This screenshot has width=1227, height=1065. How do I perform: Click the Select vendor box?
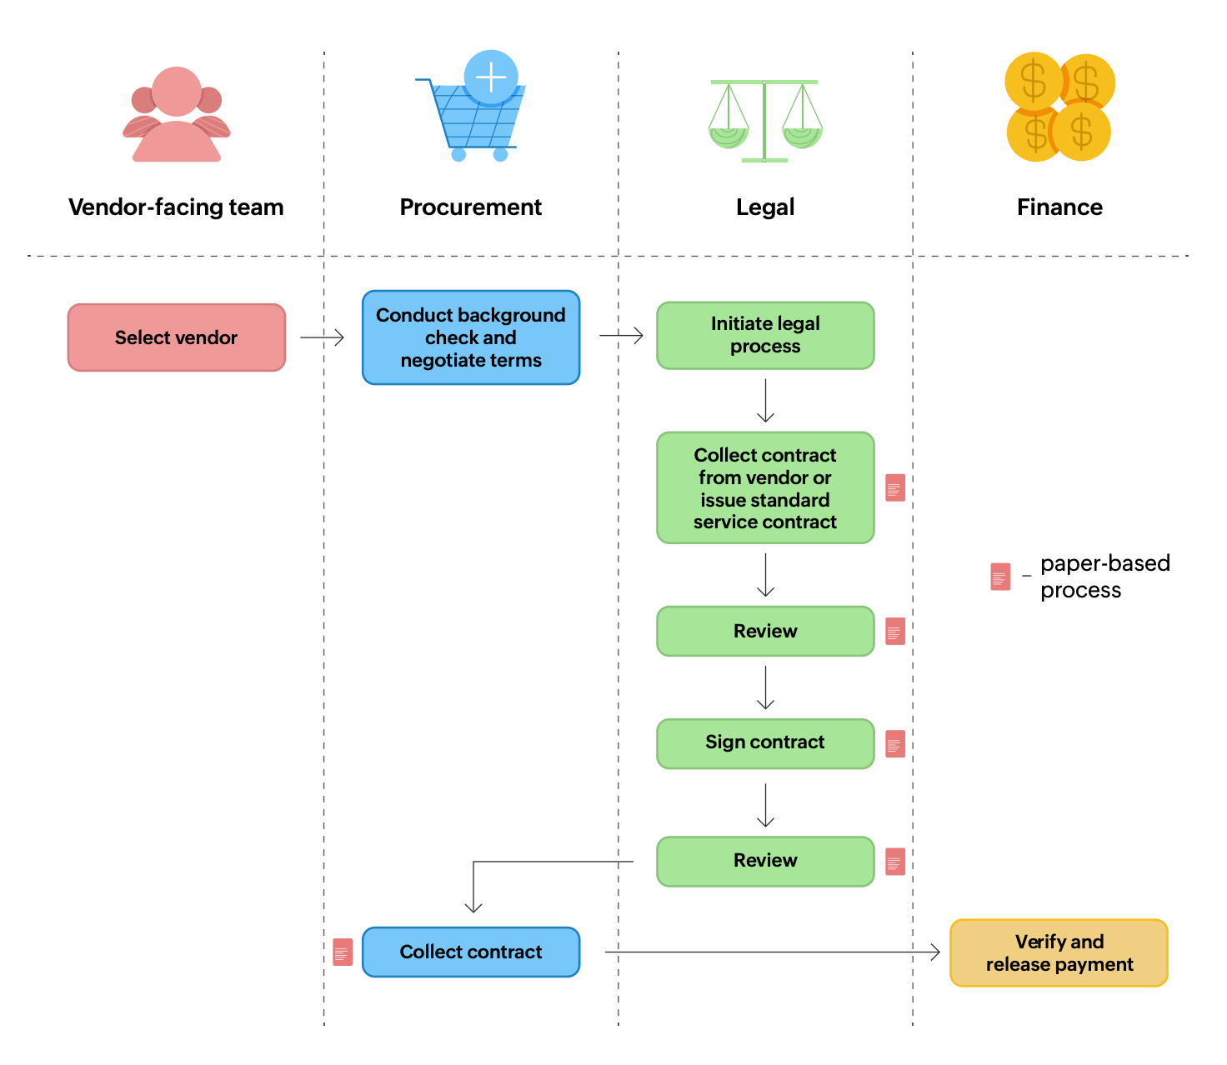(x=176, y=337)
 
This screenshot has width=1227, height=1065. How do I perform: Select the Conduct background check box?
(x=470, y=337)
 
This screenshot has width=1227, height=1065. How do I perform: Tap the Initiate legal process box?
(x=764, y=335)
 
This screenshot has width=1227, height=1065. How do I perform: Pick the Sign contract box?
(x=764, y=742)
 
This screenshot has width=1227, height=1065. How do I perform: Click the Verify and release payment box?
(x=1058, y=952)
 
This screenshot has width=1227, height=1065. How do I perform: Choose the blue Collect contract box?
(x=470, y=952)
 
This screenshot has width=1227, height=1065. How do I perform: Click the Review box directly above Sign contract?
(x=764, y=631)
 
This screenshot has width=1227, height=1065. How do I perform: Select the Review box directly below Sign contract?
(x=764, y=861)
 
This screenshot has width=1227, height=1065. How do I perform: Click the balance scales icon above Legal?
(x=764, y=120)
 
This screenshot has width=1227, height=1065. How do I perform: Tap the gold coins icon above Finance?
(x=1059, y=107)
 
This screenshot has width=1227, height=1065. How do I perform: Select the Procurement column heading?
(x=470, y=207)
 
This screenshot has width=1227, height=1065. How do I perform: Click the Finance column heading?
(x=1059, y=207)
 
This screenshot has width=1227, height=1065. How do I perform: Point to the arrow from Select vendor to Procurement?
(x=322, y=337)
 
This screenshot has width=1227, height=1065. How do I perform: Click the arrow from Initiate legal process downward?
(x=765, y=401)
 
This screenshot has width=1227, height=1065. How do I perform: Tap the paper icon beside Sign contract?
(x=894, y=743)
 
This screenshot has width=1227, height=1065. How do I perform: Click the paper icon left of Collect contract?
(x=342, y=952)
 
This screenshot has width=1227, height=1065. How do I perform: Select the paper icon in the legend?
(x=999, y=577)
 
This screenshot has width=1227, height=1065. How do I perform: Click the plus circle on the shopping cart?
(x=491, y=77)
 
